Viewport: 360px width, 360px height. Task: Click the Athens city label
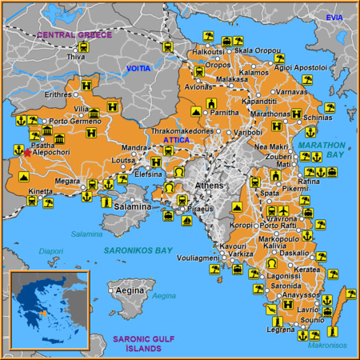pyautogui.click(x=210, y=186)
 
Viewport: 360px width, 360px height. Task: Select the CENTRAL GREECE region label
pyautogui.click(x=74, y=35)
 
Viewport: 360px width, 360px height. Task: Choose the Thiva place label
pyautogui.click(x=76, y=58)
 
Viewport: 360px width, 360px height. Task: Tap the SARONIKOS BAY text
pyautogui.click(x=138, y=250)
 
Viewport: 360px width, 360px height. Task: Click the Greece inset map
pyautogui.click(x=49, y=311)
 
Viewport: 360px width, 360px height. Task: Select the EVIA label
pyautogui.click(x=334, y=17)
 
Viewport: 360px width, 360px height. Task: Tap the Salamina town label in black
pyautogui.click(x=131, y=206)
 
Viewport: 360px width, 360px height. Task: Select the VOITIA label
pyautogui.click(x=138, y=70)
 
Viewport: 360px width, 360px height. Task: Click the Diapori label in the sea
pyautogui.click(x=51, y=251)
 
